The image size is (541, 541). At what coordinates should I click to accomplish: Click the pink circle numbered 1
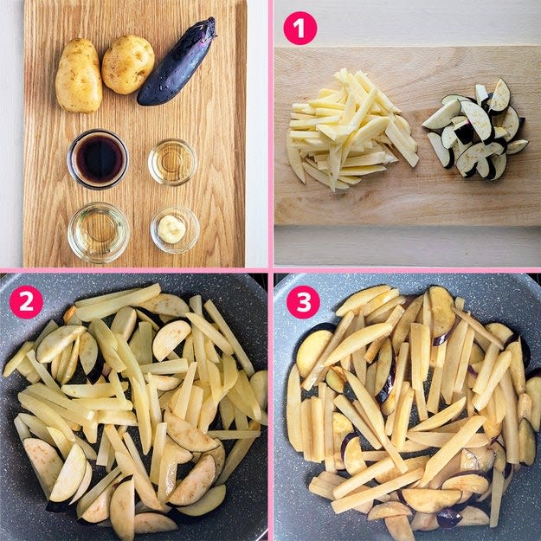pos(300,29)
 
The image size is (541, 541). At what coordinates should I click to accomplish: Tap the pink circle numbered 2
pos(26,302)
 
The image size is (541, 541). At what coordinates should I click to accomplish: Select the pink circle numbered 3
pos(303,302)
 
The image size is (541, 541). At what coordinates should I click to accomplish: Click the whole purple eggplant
pos(177,61)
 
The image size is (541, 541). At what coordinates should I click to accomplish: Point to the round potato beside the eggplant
pos(127,65)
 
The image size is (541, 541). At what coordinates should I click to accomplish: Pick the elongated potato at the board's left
pos(79,75)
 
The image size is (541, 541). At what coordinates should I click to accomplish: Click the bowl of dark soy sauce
pos(98,159)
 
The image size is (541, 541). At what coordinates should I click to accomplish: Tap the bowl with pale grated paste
pos(175,229)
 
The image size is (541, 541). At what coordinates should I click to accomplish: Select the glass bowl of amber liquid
pos(172,162)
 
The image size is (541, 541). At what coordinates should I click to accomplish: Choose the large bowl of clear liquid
pos(99,233)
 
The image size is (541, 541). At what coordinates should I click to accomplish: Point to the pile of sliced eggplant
pos(476,129)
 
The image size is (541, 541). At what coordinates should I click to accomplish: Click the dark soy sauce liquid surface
pos(99,159)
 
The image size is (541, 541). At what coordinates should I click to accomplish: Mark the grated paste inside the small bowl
pos(172,229)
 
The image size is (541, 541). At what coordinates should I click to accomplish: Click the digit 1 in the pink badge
pos(300,29)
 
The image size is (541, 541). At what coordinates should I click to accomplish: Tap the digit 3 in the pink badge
pos(303,302)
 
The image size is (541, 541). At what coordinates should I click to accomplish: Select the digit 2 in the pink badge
pos(26,302)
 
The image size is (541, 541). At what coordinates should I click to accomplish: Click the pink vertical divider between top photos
pos(270,134)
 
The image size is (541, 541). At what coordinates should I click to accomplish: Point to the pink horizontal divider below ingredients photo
pos(134,270)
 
